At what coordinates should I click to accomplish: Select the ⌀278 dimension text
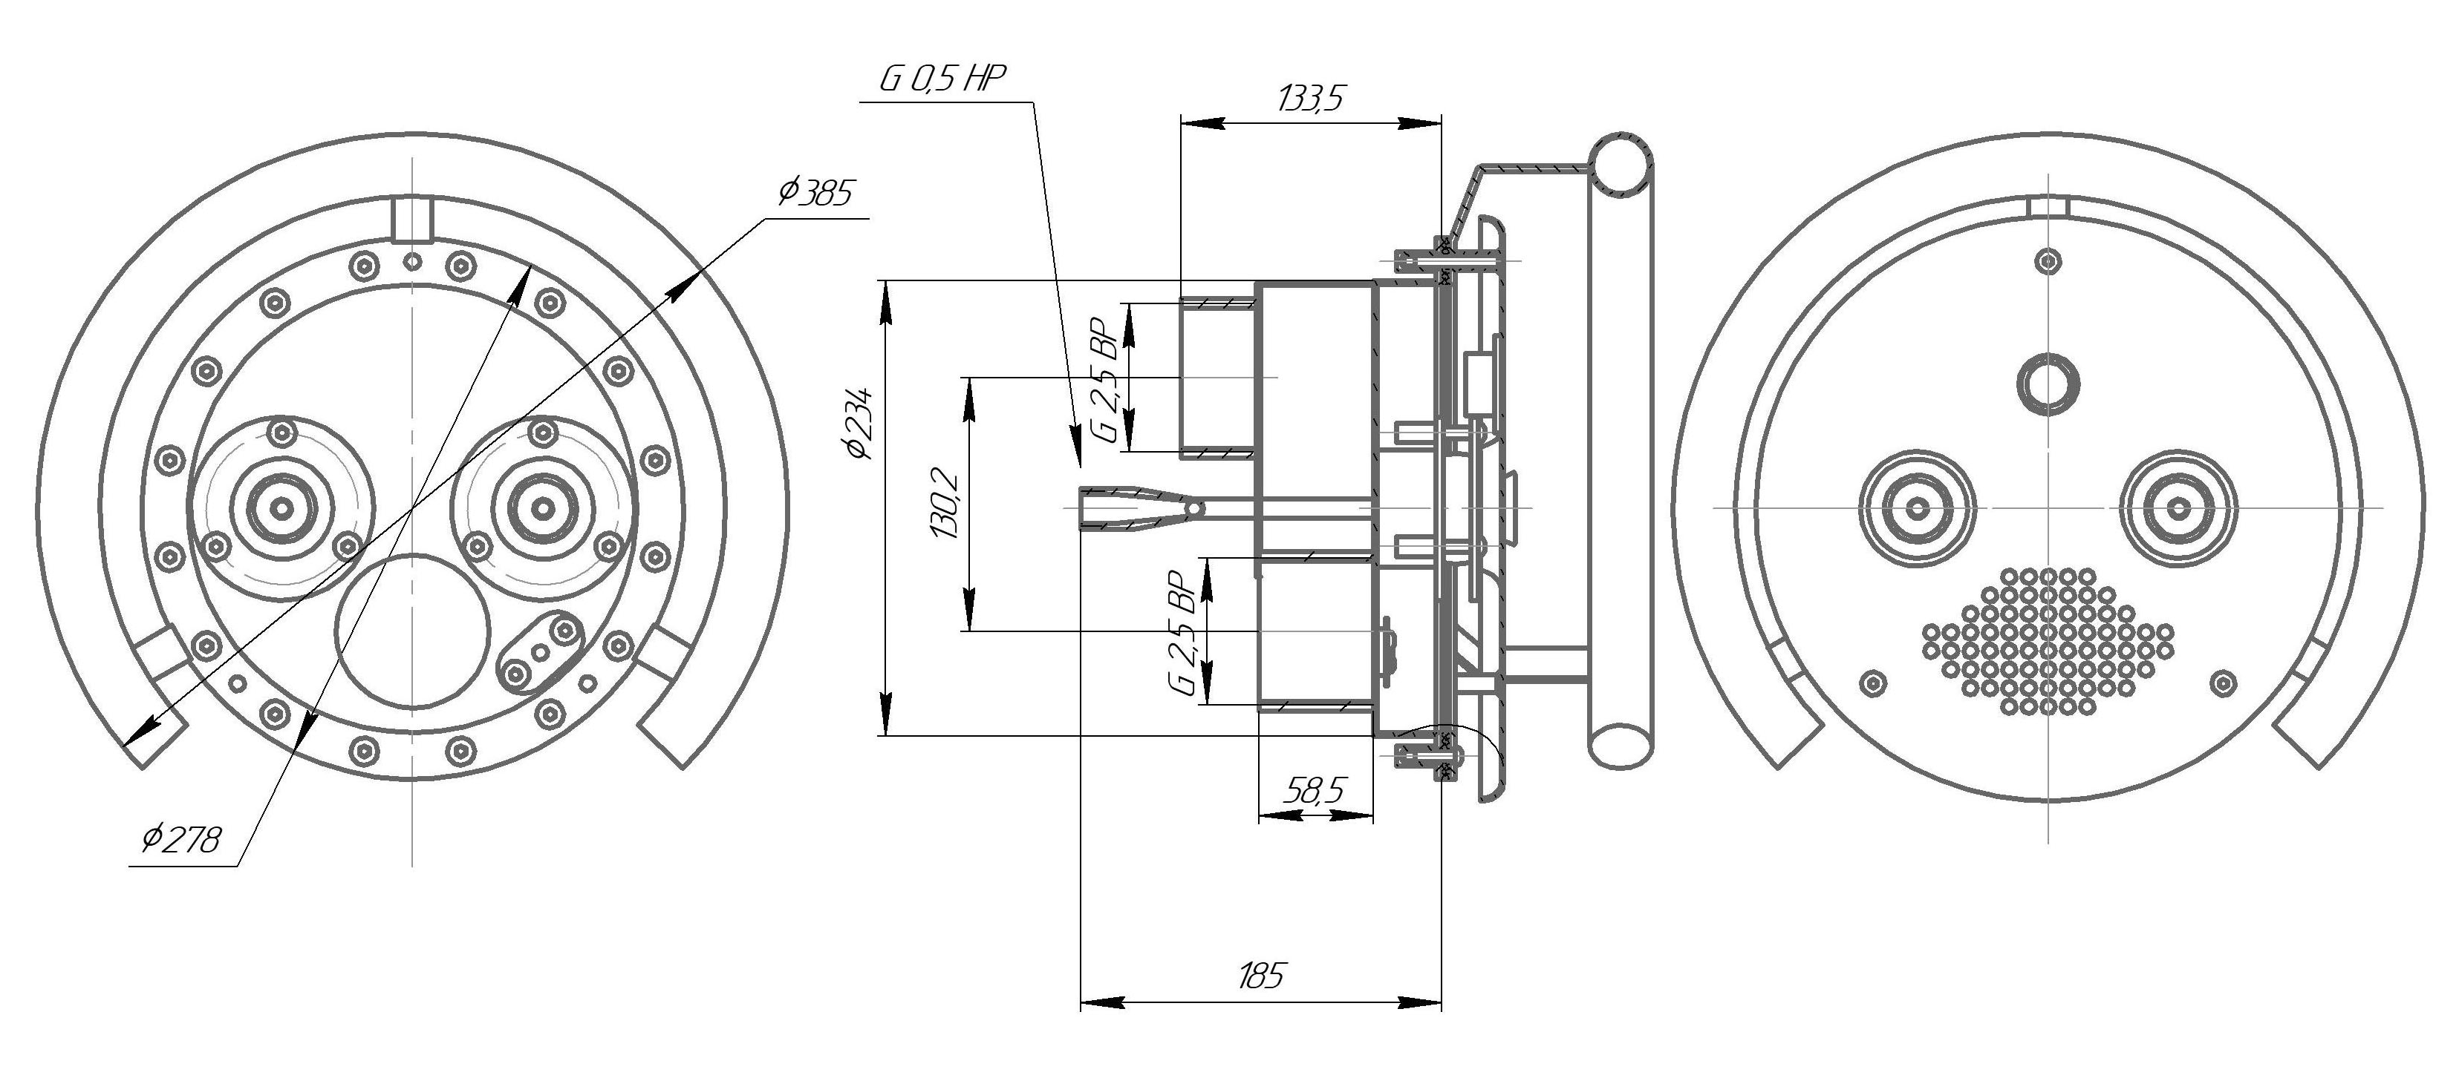coord(181,840)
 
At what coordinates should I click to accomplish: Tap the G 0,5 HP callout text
coord(942,79)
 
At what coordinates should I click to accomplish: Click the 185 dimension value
coord(1260,975)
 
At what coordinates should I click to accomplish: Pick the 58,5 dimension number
coord(1315,790)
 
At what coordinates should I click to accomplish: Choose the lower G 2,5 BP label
coord(1182,634)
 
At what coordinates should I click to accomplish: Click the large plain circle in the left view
coord(412,630)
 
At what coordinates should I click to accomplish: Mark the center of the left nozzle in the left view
coord(281,508)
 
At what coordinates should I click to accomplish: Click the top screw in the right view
coord(2048,260)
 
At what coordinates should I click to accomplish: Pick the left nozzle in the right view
coord(1918,507)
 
